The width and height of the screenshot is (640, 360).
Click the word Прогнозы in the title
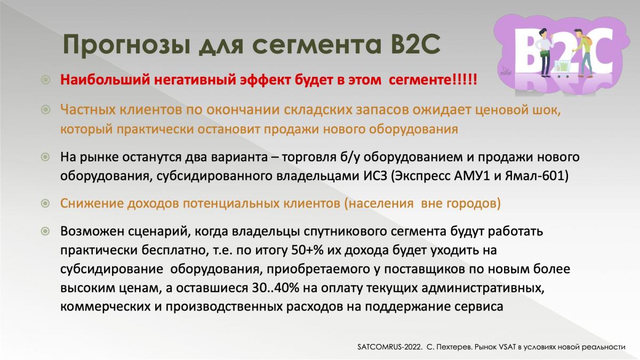[x=126, y=45]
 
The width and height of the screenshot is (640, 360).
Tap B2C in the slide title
[x=415, y=44]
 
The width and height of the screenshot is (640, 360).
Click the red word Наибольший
[x=105, y=79]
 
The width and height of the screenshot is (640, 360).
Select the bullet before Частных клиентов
[x=46, y=109]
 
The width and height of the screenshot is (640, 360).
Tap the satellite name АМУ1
[x=472, y=175]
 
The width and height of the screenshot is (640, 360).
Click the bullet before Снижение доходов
[x=46, y=203]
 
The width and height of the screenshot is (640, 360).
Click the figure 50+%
[x=307, y=250]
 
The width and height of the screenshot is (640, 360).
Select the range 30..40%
[x=275, y=288]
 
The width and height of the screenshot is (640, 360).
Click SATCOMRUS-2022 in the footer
[x=389, y=347]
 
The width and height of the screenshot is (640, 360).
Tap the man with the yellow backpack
[x=583, y=52]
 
